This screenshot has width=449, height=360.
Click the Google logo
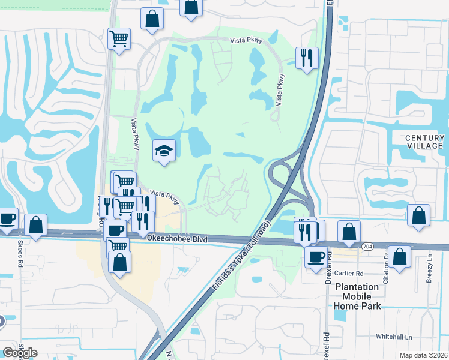coord(20,353)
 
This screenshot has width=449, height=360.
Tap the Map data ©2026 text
coord(424,355)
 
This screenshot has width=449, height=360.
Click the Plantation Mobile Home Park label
coord(357,296)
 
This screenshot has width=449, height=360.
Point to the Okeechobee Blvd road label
coord(178,239)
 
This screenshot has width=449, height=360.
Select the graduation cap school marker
coord(164,151)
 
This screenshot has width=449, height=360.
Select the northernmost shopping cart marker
coord(119,39)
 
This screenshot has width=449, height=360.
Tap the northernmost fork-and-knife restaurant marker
coord(306,58)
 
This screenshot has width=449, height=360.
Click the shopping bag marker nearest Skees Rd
coord(35,225)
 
